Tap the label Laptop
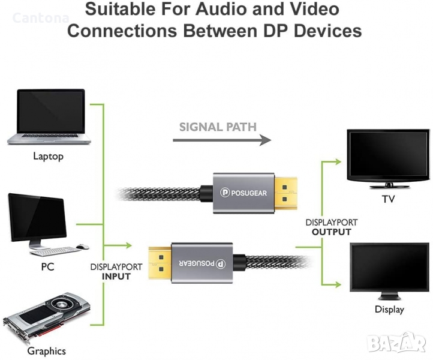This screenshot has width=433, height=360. point(48,157)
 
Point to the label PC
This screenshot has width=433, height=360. point(47,266)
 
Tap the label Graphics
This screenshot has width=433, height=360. point(47,351)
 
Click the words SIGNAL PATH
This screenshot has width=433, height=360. point(218,127)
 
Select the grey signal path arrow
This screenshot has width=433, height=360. point(222,140)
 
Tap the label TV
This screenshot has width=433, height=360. point(389,199)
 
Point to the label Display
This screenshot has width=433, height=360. point(389,310)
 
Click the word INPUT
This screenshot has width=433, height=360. point(116,277)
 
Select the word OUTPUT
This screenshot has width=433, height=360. point(332,232)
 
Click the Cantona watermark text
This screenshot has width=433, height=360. point(41,18)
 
